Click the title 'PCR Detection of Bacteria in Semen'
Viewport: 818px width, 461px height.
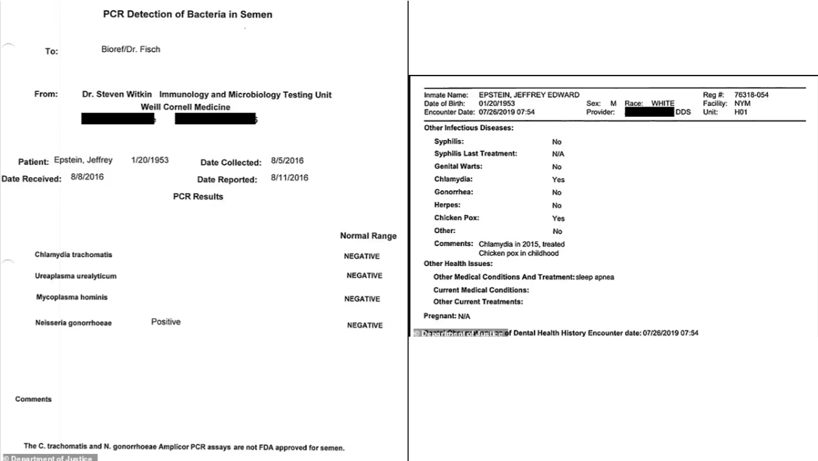point(188,15)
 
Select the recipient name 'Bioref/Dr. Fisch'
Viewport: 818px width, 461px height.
point(131,49)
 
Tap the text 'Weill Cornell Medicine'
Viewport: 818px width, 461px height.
point(185,107)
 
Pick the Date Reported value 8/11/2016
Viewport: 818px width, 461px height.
point(290,179)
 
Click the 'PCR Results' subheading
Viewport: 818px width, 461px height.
point(198,196)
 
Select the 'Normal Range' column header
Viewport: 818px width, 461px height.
point(368,236)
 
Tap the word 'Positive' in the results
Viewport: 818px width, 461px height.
point(166,322)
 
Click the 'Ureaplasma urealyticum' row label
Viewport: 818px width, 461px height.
point(78,276)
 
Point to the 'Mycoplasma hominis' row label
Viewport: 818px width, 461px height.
point(72,297)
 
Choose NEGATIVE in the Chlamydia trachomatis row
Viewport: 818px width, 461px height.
point(362,256)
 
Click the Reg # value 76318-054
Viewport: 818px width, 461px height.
point(751,95)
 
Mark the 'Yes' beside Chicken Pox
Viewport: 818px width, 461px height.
point(558,218)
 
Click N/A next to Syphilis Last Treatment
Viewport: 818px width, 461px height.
point(558,154)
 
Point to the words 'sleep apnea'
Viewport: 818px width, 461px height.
point(596,278)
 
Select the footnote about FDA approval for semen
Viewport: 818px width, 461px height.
point(184,448)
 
